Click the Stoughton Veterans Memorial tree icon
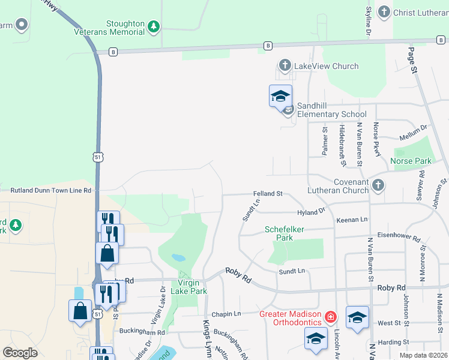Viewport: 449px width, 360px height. coord(154,26)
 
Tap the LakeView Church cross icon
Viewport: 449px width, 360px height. coord(285,65)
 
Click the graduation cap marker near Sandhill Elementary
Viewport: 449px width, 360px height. coord(280,96)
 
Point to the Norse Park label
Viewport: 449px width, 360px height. coord(411,161)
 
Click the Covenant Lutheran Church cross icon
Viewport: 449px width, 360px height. coord(378,185)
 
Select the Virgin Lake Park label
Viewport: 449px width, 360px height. coord(192,287)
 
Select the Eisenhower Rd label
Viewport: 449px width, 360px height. coord(399,236)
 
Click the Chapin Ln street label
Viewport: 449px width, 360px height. coord(225,314)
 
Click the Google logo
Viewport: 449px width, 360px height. coord(20,353)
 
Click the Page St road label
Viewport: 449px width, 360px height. coord(413,60)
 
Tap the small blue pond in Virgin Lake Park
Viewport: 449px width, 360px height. coord(178,258)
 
